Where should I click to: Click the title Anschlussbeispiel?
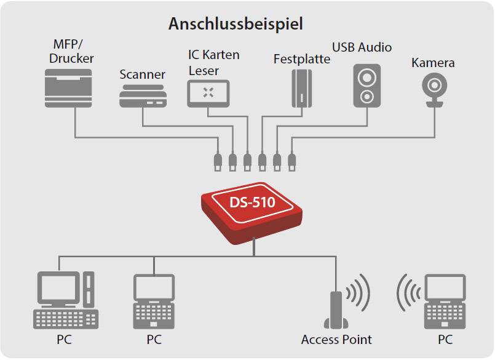point(236,24)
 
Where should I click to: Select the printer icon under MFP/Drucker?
point(68,88)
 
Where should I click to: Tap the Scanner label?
point(142,74)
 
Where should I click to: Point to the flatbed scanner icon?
point(143,95)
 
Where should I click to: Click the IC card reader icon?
point(208,93)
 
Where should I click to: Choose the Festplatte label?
point(301,60)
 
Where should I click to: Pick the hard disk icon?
point(302,87)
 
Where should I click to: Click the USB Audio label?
point(362,47)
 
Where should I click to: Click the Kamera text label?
point(433,63)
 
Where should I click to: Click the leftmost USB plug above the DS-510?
point(218,162)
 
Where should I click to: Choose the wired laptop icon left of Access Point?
point(154,302)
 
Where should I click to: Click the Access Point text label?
point(336,339)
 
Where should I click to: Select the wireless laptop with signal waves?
point(444,302)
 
